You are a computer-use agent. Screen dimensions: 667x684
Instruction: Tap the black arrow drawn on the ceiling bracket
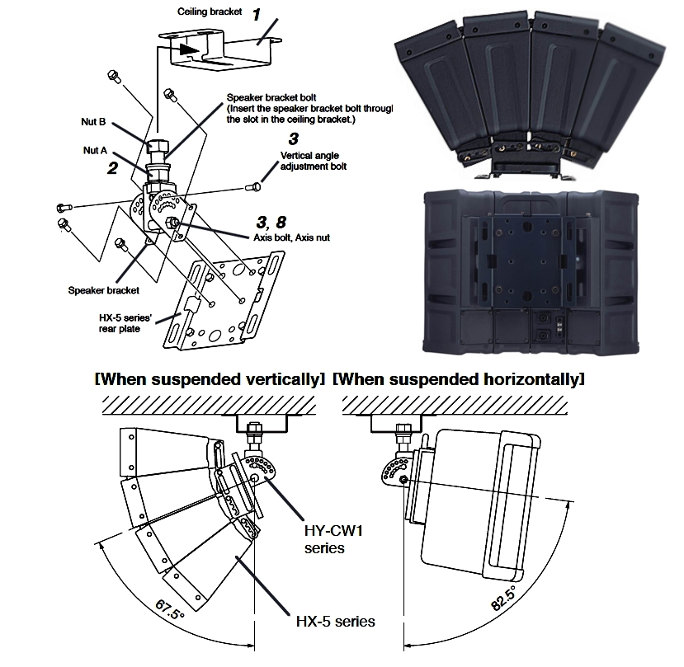[187, 49]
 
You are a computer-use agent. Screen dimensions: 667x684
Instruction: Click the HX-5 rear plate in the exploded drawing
[221, 305]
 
